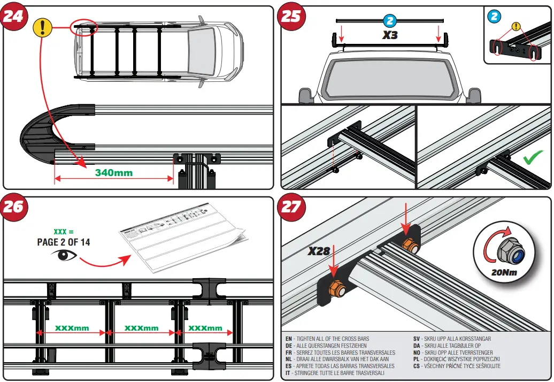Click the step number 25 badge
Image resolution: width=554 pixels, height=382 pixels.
pos(291,16)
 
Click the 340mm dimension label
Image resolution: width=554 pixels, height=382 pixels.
pos(113,173)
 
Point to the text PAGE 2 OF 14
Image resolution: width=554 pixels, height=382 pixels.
pos(63,242)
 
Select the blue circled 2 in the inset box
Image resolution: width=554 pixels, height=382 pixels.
pos(495,16)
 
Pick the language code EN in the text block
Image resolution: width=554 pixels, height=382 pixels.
pos(289,339)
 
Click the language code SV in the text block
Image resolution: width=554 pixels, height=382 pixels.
pos(417,339)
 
